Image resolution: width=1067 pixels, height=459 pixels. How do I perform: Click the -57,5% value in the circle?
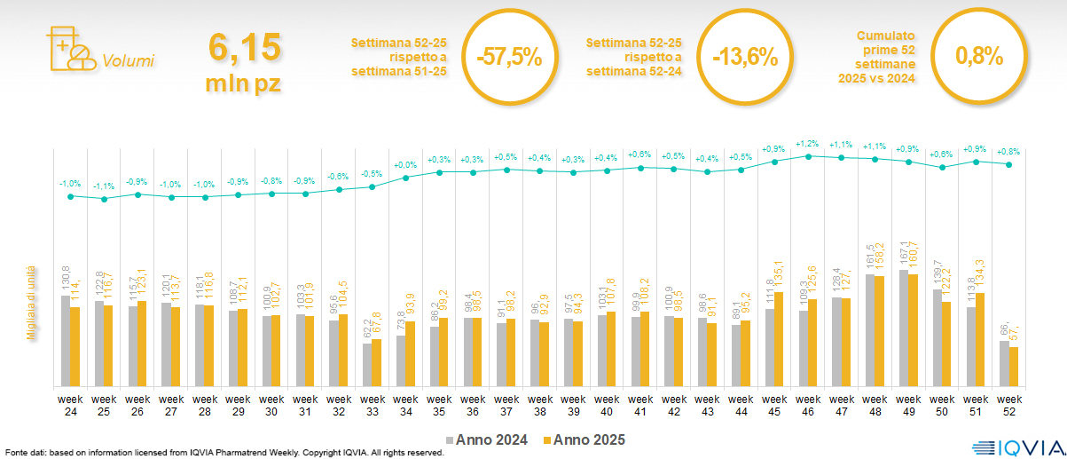508,58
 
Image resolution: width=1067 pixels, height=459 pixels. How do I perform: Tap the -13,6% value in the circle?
745,58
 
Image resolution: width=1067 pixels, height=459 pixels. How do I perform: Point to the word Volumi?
128,61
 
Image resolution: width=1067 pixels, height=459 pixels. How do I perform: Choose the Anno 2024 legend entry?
487,439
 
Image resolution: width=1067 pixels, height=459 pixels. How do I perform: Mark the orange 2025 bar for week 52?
1014,367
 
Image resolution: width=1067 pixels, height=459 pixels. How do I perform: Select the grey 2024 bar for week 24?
65,341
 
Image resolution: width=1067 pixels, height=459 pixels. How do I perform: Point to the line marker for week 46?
808,156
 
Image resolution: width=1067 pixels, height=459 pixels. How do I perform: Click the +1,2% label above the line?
808,143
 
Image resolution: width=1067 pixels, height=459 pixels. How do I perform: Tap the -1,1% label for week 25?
105,186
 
